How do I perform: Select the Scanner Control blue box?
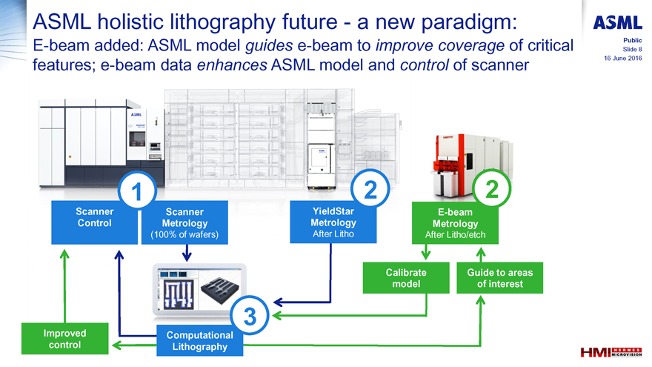click(94, 222)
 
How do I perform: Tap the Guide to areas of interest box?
click(494, 278)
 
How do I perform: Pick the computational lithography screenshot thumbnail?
click(199, 292)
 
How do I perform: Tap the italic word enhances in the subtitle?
click(233, 65)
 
